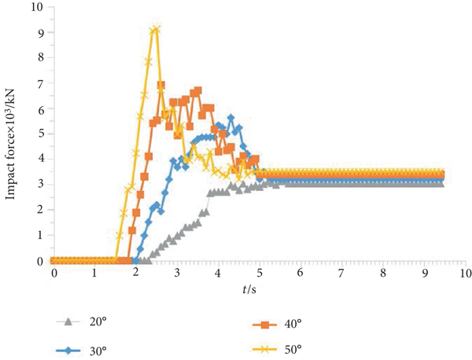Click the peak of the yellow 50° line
coord(156,30)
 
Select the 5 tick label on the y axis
coord(38,134)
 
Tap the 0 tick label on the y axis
coord(38,261)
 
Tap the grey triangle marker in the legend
coord(68,321)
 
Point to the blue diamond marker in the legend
coord(68,349)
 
